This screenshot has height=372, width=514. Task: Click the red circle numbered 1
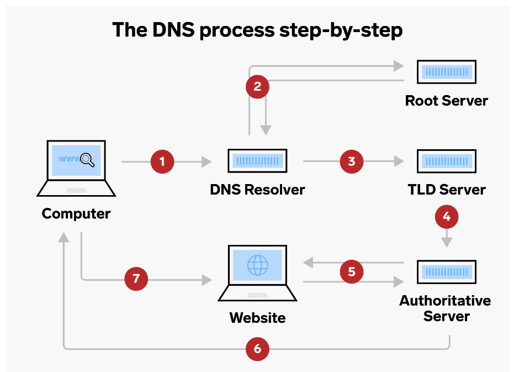pyautogui.click(x=162, y=162)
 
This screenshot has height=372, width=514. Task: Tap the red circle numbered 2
pyautogui.click(x=257, y=87)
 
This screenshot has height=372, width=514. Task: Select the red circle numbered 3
pyautogui.click(x=351, y=162)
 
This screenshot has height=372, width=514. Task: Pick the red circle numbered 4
pyautogui.click(x=446, y=217)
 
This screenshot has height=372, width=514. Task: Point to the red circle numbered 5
pyautogui.click(x=351, y=271)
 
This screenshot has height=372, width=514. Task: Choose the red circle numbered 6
pyautogui.click(x=257, y=349)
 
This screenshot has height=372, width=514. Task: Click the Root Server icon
pyautogui.click(x=446, y=72)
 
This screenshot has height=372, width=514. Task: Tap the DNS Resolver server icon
pyautogui.click(x=257, y=161)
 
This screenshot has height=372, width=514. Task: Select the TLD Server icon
pyautogui.click(x=446, y=161)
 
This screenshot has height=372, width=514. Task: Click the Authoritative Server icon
pyautogui.click(x=446, y=271)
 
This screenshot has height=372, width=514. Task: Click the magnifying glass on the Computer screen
pyautogui.click(x=88, y=160)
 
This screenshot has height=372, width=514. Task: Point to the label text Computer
pyautogui.click(x=76, y=213)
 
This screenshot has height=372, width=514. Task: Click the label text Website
pyautogui.click(x=257, y=318)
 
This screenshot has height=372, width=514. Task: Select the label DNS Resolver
pyautogui.click(x=257, y=190)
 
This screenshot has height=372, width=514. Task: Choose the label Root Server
pyautogui.click(x=446, y=101)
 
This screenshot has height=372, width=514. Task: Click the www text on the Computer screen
pyautogui.click(x=68, y=159)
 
